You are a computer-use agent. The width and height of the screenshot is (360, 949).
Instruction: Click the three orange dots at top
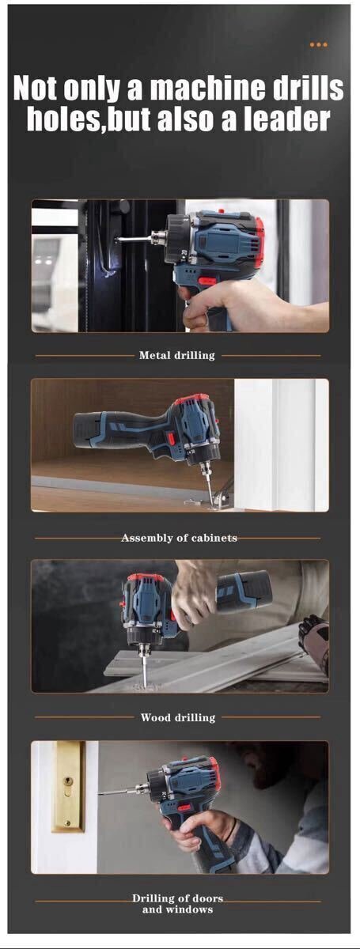[318, 44]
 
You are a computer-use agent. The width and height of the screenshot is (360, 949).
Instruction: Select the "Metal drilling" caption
[176, 355]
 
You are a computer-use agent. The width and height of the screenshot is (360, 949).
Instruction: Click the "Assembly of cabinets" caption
[179, 538]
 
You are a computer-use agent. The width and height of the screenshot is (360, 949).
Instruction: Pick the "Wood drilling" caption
[178, 717]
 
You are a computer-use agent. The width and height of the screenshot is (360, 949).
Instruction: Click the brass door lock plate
[68, 787]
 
